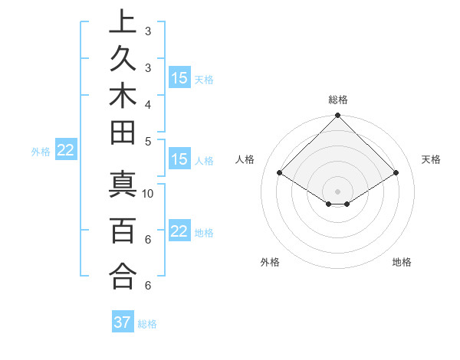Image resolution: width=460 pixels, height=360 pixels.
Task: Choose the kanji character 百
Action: (x=123, y=230)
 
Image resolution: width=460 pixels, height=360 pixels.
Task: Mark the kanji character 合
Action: (x=123, y=275)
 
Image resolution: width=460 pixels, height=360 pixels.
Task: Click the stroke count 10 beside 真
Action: (x=149, y=194)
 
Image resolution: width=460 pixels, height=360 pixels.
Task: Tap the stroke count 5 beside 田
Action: (x=149, y=141)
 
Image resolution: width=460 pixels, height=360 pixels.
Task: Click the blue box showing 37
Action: (x=123, y=322)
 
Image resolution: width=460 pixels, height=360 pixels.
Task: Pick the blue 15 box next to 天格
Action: (x=179, y=78)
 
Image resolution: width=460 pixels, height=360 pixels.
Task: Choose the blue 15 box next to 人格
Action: (x=179, y=160)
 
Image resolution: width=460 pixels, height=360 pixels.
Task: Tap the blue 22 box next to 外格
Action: (x=66, y=151)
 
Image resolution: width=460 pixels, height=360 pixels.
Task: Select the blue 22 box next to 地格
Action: (x=179, y=232)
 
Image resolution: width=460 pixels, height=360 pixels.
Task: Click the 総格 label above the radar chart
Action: (x=337, y=100)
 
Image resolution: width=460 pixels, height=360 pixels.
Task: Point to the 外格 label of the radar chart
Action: (x=270, y=263)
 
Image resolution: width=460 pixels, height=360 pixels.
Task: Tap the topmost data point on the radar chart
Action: (x=337, y=116)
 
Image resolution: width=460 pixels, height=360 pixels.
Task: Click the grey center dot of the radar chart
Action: (x=337, y=191)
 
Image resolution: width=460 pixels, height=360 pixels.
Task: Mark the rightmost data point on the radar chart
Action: (x=396, y=173)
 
